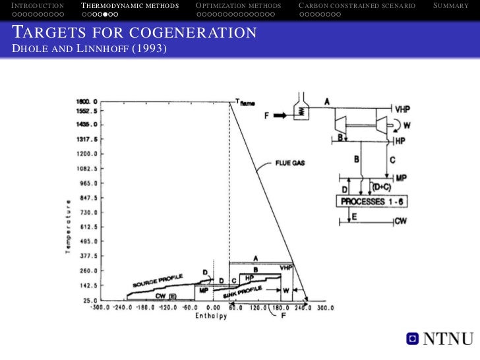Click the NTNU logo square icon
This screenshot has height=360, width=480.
[x=411, y=339]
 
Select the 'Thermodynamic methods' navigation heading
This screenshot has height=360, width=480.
[x=130, y=6]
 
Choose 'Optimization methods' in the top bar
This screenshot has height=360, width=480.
[x=238, y=6]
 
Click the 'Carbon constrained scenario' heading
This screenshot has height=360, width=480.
[x=357, y=6]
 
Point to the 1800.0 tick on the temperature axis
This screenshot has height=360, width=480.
[x=86, y=102]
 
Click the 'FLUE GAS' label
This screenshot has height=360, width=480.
[x=289, y=165]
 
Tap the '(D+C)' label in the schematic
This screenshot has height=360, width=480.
[x=381, y=187]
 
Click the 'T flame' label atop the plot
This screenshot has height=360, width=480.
[x=245, y=102]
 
